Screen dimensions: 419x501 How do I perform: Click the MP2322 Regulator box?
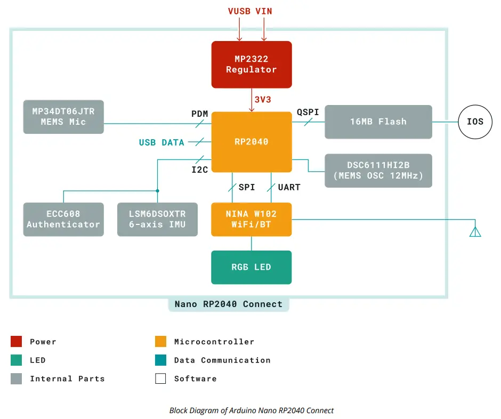pyautogui.click(x=252, y=65)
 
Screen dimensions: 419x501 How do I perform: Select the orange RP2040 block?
pyautogui.click(x=252, y=142)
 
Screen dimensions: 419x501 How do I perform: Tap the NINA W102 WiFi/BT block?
pyautogui.click(x=252, y=219)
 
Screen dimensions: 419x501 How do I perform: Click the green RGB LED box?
pyautogui.click(x=252, y=267)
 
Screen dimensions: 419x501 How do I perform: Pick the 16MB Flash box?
pyautogui.click(x=378, y=122)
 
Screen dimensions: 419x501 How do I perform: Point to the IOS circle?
pyautogui.click(x=475, y=122)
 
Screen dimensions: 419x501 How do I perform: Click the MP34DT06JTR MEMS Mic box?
pyautogui.click(x=63, y=116)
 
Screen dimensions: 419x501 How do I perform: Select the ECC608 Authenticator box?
pyautogui.click(x=63, y=219)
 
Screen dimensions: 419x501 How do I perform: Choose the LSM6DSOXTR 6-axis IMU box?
pyautogui.click(x=157, y=219)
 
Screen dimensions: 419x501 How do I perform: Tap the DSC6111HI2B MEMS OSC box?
pyautogui.click(x=378, y=171)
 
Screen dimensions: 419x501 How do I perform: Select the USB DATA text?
pyautogui.click(x=161, y=142)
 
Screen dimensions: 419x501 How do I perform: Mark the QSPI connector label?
pyautogui.click(x=308, y=112)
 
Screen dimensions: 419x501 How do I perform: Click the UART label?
pyautogui.click(x=289, y=187)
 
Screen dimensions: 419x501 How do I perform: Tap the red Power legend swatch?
pyautogui.click(x=17, y=341)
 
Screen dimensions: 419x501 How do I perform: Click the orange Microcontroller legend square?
pyautogui.click(x=161, y=341)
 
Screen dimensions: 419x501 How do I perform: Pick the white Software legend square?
pyautogui.click(x=161, y=378)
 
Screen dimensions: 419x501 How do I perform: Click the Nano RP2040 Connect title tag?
pyautogui.click(x=228, y=304)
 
